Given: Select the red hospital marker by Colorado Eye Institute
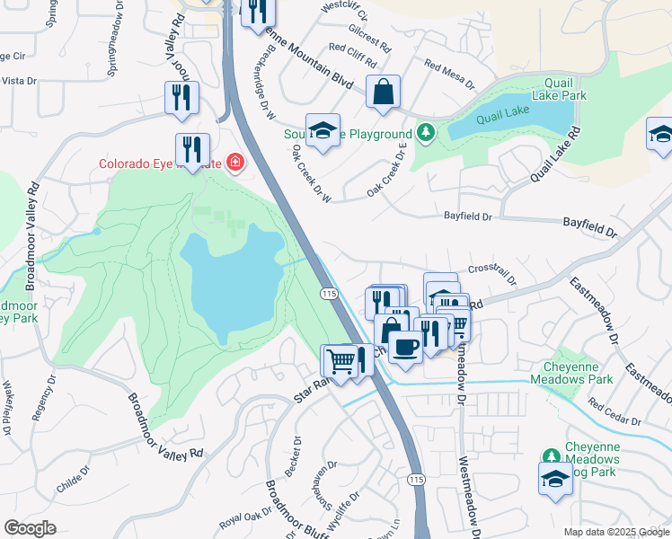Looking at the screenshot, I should coord(235,163).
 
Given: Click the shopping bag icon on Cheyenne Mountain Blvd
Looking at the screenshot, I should coord(383,93).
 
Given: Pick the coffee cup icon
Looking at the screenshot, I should coord(405,347).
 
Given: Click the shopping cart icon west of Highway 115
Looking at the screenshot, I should coord(339,362).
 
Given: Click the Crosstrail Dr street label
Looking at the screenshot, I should coord(492,272).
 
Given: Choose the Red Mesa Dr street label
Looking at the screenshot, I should coord(448,75).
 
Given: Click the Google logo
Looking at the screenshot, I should coord(30,528).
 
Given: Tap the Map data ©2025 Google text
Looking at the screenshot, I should coord(615,532).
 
